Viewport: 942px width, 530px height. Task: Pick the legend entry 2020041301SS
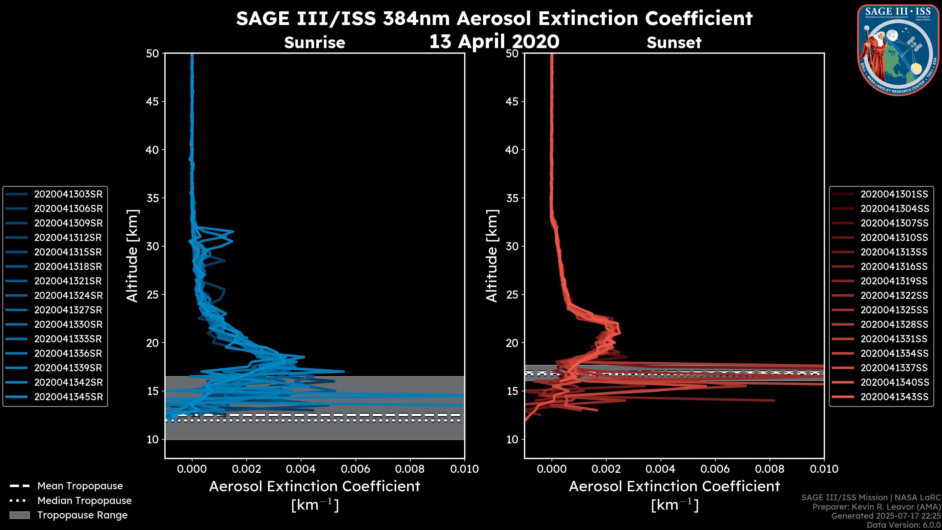point(894,194)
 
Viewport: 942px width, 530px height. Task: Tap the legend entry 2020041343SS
point(894,397)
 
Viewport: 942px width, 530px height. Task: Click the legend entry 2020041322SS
point(894,295)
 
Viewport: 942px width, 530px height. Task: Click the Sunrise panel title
point(314,42)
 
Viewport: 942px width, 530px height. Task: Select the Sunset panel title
point(674,42)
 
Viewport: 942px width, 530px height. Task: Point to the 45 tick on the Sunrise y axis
point(153,102)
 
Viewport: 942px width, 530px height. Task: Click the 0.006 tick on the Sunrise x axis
point(355,469)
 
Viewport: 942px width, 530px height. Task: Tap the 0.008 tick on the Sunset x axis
point(770,469)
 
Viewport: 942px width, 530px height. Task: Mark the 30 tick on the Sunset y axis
point(512,247)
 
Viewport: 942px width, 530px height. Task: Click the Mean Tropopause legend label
point(80,486)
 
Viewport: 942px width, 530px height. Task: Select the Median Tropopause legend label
point(84,501)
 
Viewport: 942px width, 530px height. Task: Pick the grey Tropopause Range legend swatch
point(19,515)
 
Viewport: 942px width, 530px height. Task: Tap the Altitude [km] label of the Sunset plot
point(492,256)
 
